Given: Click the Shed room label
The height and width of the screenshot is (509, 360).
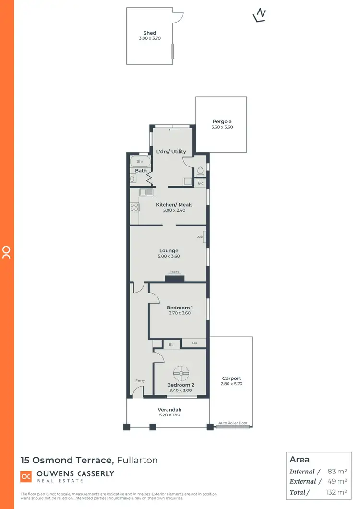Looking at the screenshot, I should pyautogui.click(x=150, y=33).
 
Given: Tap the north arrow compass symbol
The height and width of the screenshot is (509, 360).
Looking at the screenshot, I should pyautogui.click(x=260, y=15).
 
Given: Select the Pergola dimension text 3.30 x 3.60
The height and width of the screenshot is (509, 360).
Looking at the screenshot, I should pyautogui.click(x=222, y=127).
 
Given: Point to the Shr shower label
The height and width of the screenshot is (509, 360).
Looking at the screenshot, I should pyautogui.click(x=140, y=162).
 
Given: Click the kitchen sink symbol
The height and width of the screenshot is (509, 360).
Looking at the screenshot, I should pyautogui.click(x=146, y=192).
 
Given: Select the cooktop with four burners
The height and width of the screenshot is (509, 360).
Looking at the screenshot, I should pyautogui.click(x=134, y=207).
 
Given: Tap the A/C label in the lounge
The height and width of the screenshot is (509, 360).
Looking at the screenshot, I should pyautogui.click(x=200, y=237).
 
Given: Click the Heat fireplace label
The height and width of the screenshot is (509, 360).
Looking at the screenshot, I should pyautogui.click(x=174, y=272).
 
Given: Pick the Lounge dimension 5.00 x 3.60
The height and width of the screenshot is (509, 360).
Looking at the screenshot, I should pyautogui.click(x=169, y=256).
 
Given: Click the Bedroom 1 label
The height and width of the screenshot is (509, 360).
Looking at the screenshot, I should pyautogui.click(x=180, y=308).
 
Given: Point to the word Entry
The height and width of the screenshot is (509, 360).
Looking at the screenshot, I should pyautogui.click(x=140, y=381).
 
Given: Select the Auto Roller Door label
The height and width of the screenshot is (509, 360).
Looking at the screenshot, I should pyautogui.click(x=233, y=423).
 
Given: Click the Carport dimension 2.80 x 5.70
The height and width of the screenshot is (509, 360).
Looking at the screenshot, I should pyautogui.click(x=231, y=384).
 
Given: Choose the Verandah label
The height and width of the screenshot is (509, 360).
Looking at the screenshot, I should pyautogui.click(x=170, y=409).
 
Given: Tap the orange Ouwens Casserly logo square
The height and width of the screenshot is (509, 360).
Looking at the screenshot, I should pyautogui.click(x=26, y=476).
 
